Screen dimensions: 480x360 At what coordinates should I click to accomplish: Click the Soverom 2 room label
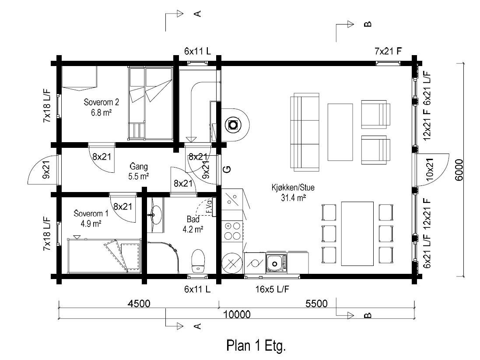102,102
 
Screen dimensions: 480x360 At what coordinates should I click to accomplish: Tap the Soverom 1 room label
91,213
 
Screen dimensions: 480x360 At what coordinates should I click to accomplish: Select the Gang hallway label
139,167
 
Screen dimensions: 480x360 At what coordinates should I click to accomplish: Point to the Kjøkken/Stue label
293,187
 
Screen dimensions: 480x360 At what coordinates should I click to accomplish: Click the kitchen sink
277,263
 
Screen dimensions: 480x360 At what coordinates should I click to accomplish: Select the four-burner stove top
232,231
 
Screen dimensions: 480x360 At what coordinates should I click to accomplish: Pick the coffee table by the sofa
340,132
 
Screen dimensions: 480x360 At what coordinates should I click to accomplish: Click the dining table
357,234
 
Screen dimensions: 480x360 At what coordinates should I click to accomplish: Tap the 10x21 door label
430,170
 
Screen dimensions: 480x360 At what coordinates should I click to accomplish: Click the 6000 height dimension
459,170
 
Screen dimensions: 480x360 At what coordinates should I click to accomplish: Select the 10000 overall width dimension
237,315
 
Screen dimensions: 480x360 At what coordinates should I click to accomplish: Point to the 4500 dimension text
139,304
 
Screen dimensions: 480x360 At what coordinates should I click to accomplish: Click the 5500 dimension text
316,304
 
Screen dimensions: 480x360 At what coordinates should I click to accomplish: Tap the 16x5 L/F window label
272,289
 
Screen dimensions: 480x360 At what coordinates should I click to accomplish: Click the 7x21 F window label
388,51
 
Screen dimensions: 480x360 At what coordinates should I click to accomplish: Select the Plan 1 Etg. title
256,346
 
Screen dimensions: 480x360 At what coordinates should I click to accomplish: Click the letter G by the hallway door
228,169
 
